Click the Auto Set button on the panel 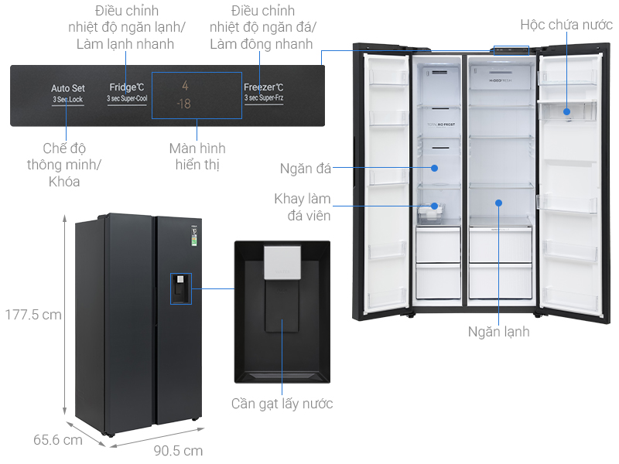point(67,88)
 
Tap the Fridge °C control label point(127,87)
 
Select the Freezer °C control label point(263,87)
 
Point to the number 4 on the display point(185,86)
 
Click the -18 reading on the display point(184,104)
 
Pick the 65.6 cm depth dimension point(57,440)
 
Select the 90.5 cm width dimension point(178,450)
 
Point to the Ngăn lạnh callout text point(498,332)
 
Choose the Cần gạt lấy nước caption point(282,403)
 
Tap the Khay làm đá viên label point(303,207)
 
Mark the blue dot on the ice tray point(435,206)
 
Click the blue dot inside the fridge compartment point(499,203)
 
